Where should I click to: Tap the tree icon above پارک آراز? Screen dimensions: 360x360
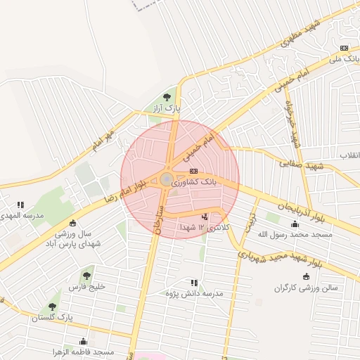pos(167,97)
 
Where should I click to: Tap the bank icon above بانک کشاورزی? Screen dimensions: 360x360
pos(193,171)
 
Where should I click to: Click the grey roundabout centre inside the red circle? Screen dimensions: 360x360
pos(167,180)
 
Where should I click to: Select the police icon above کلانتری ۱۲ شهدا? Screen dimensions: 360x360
pos(205,217)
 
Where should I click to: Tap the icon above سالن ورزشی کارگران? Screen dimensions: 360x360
pos(305,276)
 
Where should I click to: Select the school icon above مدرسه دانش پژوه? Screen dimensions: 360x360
pos(194,283)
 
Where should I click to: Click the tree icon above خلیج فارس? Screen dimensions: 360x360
pos(86,275)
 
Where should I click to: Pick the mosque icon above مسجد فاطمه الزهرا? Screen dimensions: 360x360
pos(84,341)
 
